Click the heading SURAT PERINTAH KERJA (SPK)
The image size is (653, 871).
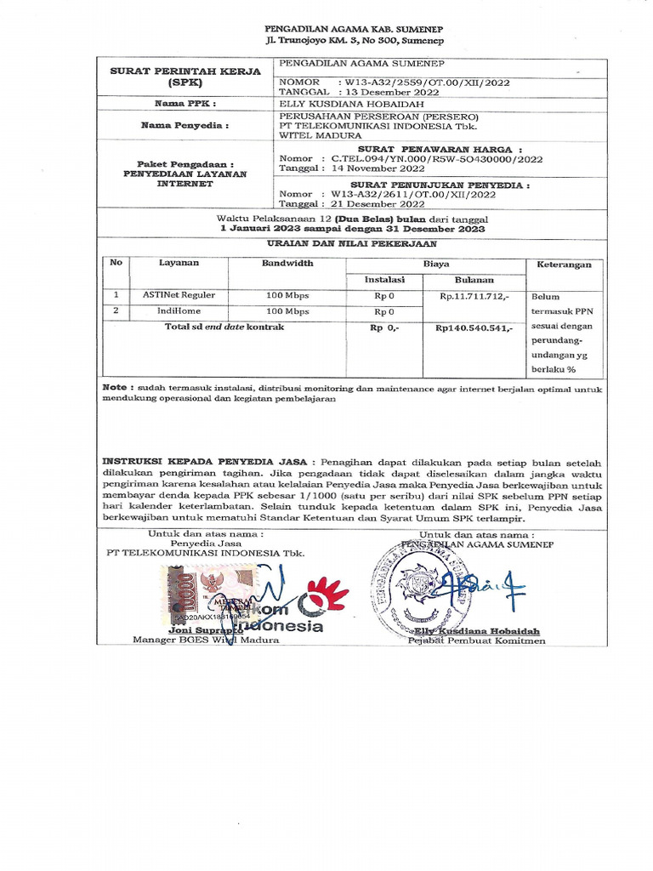pyautogui.click(x=185, y=78)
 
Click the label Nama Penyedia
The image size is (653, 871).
pyautogui.click(x=185, y=125)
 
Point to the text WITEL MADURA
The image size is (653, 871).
pyautogui.click(x=321, y=135)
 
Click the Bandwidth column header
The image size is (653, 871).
pyautogui.click(x=287, y=264)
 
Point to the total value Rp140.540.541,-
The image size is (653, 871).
pyautogui.click(x=474, y=327)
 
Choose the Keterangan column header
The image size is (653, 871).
pyautogui.click(x=565, y=265)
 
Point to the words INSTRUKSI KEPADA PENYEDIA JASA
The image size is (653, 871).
pyautogui.click(x=207, y=460)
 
